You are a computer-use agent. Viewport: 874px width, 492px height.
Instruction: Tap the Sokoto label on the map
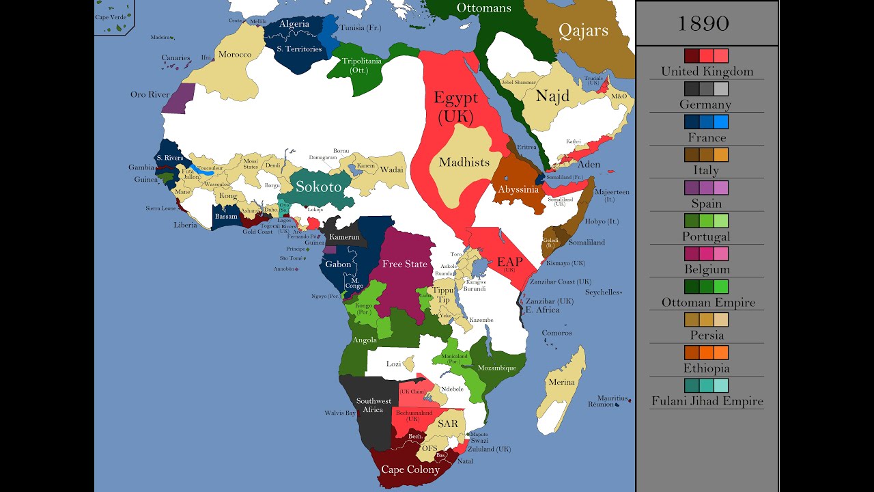click(x=318, y=187)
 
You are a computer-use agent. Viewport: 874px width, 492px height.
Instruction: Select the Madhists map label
click(x=464, y=162)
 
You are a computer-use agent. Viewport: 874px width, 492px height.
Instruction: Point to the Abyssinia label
click(x=519, y=189)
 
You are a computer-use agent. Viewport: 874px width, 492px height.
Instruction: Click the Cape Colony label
click(x=410, y=469)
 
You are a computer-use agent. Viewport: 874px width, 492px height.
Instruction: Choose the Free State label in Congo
click(x=405, y=264)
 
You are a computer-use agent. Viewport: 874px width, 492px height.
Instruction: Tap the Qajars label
click(x=583, y=30)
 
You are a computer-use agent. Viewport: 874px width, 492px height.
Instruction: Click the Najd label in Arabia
click(x=552, y=96)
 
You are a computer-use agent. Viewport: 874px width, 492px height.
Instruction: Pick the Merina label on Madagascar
click(x=561, y=382)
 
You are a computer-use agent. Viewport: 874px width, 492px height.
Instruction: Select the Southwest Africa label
click(x=373, y=405)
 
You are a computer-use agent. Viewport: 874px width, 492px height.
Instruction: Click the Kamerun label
click(x=344, y=237)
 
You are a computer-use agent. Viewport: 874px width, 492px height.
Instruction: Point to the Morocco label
click(x=235, y=55)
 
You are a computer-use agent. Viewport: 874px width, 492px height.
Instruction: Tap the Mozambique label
click(x=498, y=368)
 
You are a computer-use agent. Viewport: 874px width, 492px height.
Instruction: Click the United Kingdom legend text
click(x=707, y=71)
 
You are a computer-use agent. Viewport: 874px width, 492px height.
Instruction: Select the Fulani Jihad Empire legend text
click(x=707, y=401)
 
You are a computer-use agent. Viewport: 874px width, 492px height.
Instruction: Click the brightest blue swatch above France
click(x=721, y=122)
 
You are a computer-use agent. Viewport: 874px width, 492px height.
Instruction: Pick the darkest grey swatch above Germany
click(x=692, y=89)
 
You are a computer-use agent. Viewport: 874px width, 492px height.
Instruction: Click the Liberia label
click(x=185, y=225)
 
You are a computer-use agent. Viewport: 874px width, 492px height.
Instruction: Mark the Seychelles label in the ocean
click(x=602, y=292)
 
